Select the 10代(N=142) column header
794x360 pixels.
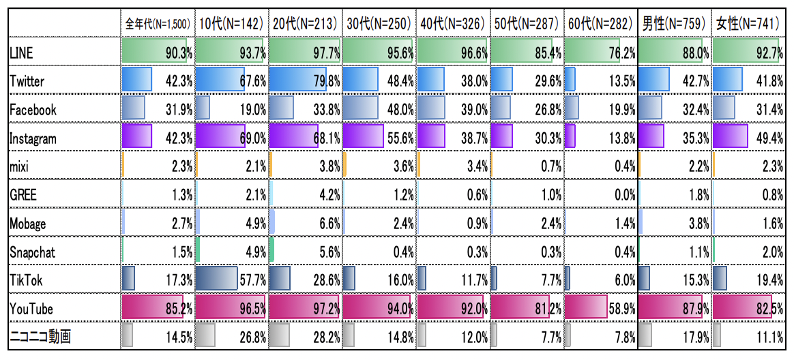click(x=231, y=24)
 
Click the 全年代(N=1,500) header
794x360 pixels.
click(x=158, y=24)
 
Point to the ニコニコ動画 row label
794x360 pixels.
click(x=40, y=336)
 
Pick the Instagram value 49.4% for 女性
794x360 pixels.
click(x=768, y=138)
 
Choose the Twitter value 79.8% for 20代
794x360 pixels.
click(x=325, y=80)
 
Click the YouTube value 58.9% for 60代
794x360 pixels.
click(x=621, y=308)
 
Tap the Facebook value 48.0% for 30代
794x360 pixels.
click(x=399, y=109)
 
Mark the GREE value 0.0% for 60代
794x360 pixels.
click(x=623, y=194)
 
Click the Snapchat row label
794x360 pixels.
click(x=33, y=252)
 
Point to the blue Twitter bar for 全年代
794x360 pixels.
click(x=136, y=80)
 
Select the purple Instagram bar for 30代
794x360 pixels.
click(x=363, y=137)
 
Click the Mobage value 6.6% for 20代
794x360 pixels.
click(x=326, y=223)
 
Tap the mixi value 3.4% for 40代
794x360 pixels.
click(x=474, y=166)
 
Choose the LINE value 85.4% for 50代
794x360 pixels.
click(x=546, y=52)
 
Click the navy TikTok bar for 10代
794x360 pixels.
click(x=216, y=279)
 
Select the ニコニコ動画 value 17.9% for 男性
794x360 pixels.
click(x=694, y=336)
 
